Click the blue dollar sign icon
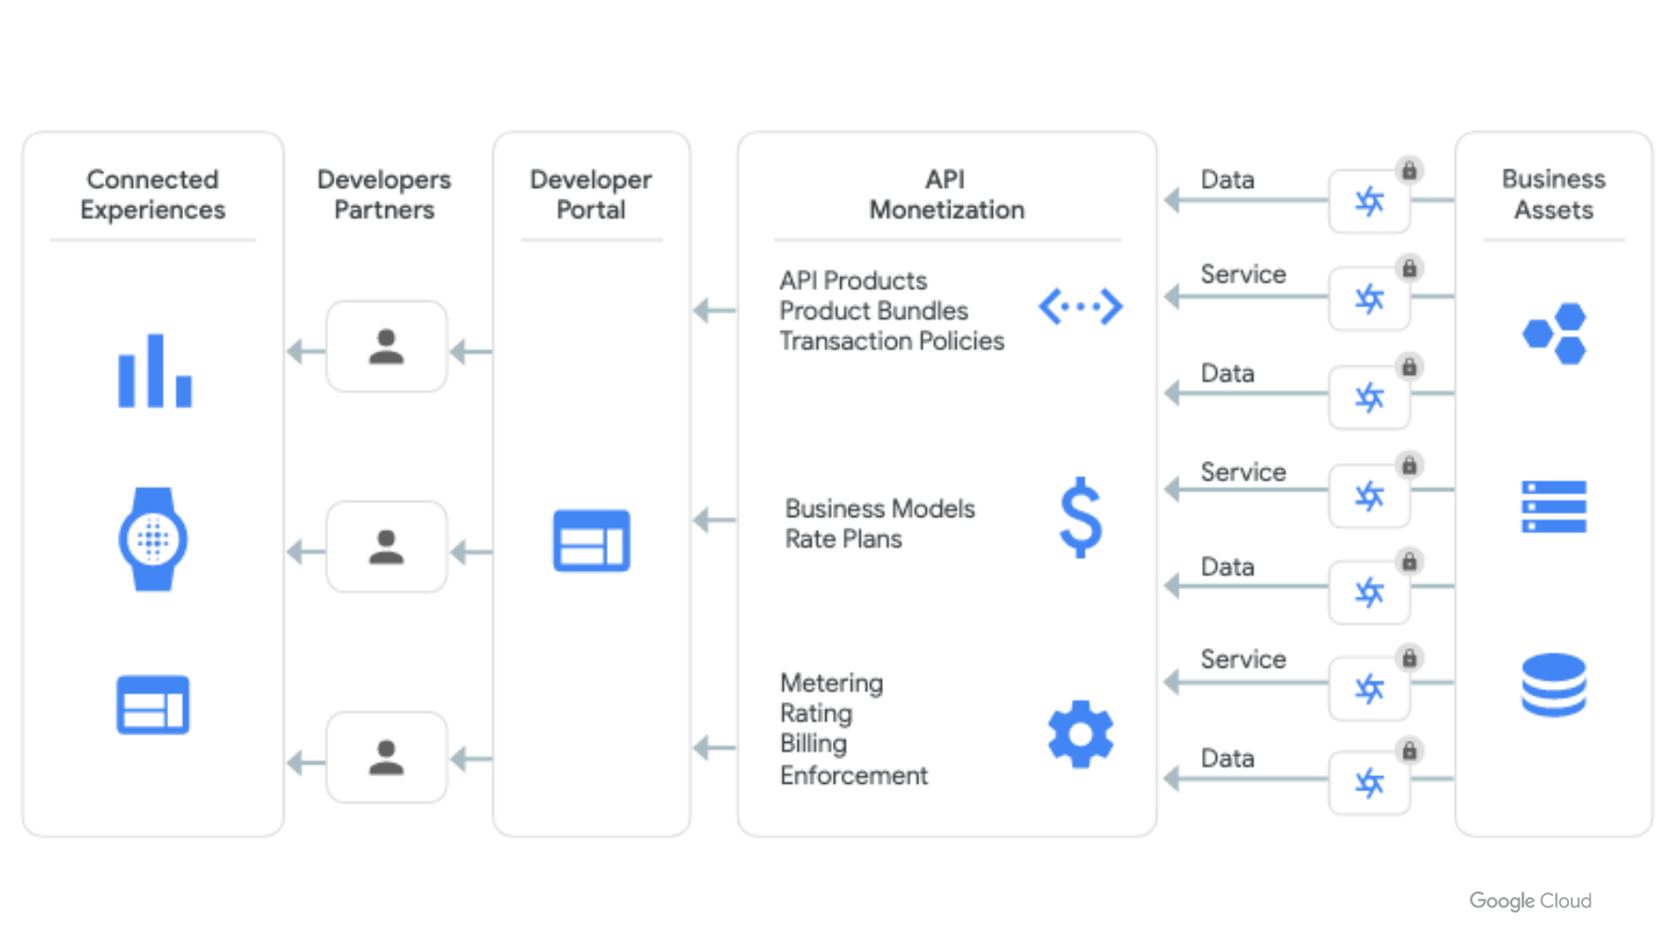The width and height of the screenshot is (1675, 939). tap(1080, 518)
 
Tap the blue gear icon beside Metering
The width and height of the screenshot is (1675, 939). tap(1080, 734)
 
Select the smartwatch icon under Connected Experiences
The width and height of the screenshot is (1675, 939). tap(153, 539)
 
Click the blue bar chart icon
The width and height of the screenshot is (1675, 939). tap(154, 372)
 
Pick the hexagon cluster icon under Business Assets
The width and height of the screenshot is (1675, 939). tap(1555, 333)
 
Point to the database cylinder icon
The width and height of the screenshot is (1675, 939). tap(1554, 685)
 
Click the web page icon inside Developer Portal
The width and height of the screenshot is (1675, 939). tap(591, 540)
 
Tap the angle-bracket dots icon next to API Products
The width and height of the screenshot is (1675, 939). tap(1080, 307)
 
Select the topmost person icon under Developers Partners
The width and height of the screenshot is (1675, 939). tap(387, 347)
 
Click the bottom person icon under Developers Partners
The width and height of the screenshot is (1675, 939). tap(387, 758)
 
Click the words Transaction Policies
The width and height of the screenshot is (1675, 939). tap(891, 341)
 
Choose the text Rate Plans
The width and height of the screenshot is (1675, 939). tap(843, 539)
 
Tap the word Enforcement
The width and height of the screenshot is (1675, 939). tap(853, 775)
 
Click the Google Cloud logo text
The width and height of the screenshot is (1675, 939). tap(1530, 900)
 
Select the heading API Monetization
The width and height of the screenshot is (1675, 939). tap(946, 194)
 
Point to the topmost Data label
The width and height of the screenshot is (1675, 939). tap(1227, 179)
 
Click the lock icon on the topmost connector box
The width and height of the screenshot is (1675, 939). tap(1409, 171)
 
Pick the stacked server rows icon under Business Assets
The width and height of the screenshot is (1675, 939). tap(1554, 507)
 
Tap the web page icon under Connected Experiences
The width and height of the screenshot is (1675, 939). tap(153, 705)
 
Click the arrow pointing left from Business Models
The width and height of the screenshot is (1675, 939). tap(714, 520)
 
